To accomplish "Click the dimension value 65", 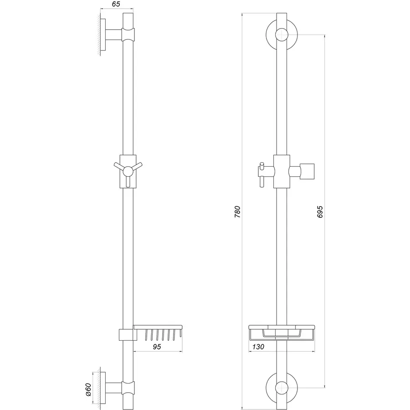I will (x=115, y=4).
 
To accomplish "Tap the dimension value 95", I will (x=157, y=347).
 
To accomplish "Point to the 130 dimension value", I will (x=257, y=347).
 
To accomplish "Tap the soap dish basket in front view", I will (x=282, y=333).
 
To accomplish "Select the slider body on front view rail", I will (x=282, y=171).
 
